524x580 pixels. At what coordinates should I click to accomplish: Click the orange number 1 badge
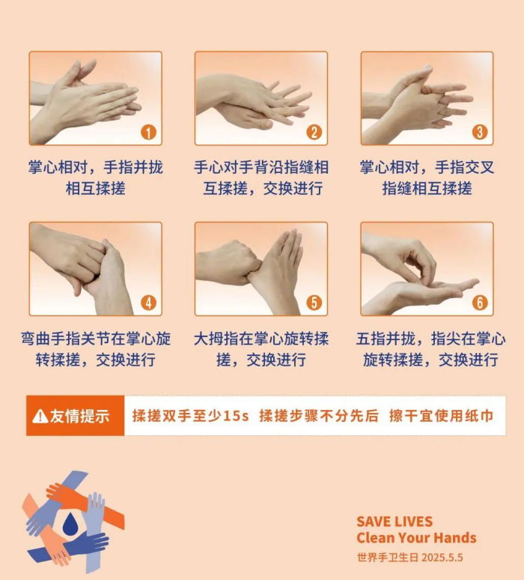click(x=148, y=133)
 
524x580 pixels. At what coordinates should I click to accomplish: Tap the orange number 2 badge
click(x=314, y=133)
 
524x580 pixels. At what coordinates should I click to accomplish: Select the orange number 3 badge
click(x=480, y=132)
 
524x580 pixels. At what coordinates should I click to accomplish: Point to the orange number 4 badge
click(x=148, y=303)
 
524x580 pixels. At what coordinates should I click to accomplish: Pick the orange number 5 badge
click(x=314, y=303)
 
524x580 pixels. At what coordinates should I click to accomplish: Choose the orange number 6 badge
click(x=480, y=303)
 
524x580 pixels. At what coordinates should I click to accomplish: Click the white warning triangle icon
click(x=40, y=416)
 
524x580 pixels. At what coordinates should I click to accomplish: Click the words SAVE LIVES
click(x=394, y=522)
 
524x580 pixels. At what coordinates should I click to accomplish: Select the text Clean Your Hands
click(x=416, y=537)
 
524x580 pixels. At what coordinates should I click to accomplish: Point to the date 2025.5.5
click(x=442, y=558)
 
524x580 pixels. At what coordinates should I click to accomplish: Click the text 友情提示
click(x=80, y=416)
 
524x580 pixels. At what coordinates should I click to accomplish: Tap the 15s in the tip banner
click(x=235, y=416)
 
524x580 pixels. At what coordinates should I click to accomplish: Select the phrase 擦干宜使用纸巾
click(x=441, y=416)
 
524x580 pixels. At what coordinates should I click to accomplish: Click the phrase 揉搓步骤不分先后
click(x=319, y=416)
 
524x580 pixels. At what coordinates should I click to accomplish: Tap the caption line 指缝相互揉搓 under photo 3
click(x=427, y=188)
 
